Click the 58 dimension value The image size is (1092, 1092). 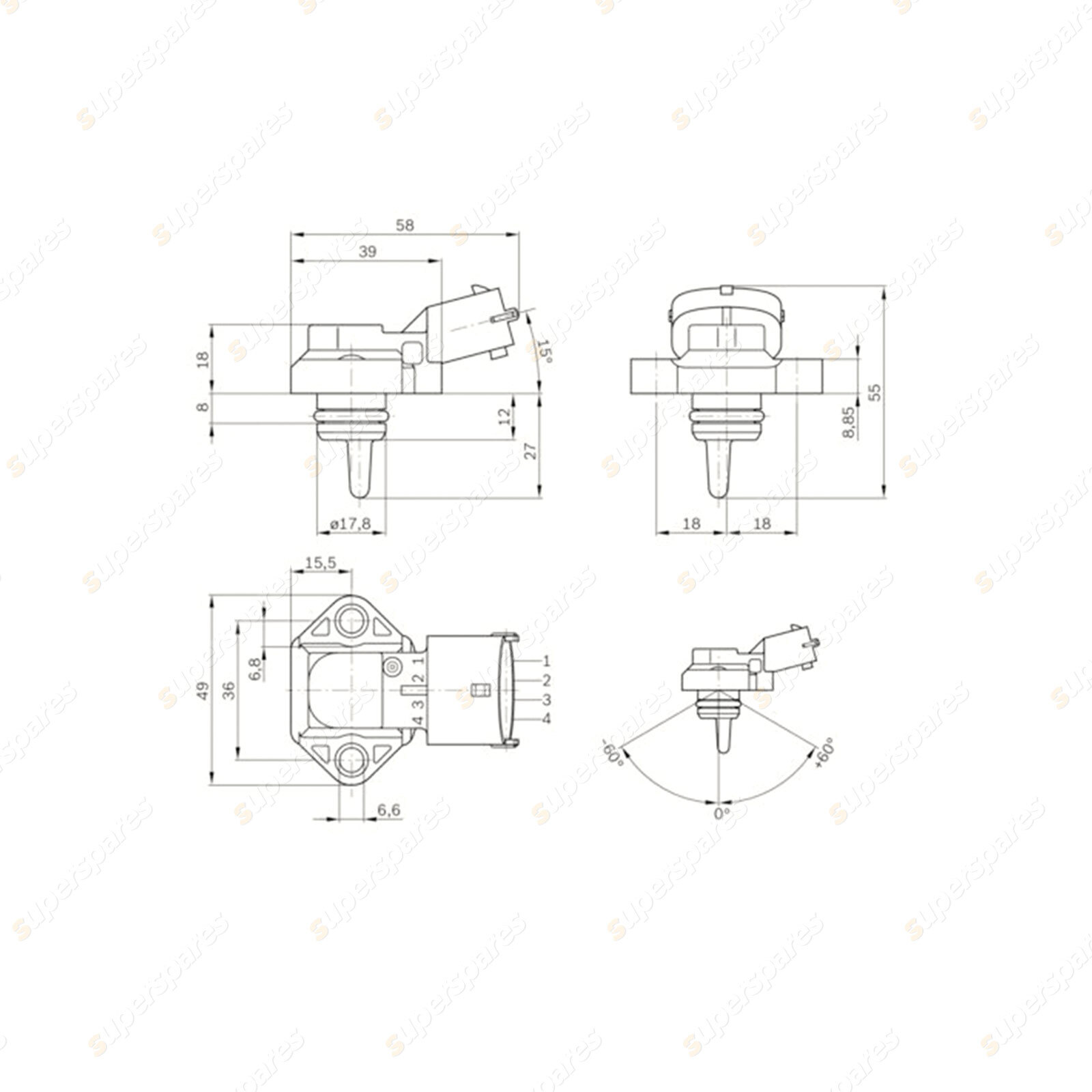point(405,225)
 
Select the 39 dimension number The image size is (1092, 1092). point(367,252)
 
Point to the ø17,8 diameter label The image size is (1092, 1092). point(350,523)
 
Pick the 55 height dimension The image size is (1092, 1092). point(876,392)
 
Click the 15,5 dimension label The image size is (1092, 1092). point(321,562)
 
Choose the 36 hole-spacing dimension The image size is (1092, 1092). point(229,691)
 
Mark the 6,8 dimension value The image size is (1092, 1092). point(255,669)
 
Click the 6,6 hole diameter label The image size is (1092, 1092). point(388,809)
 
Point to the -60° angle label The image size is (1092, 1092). point(613,753)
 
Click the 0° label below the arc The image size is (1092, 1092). point(721,814)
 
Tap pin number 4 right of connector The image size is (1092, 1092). point(546,719)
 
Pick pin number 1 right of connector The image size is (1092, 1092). point(546,661)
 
